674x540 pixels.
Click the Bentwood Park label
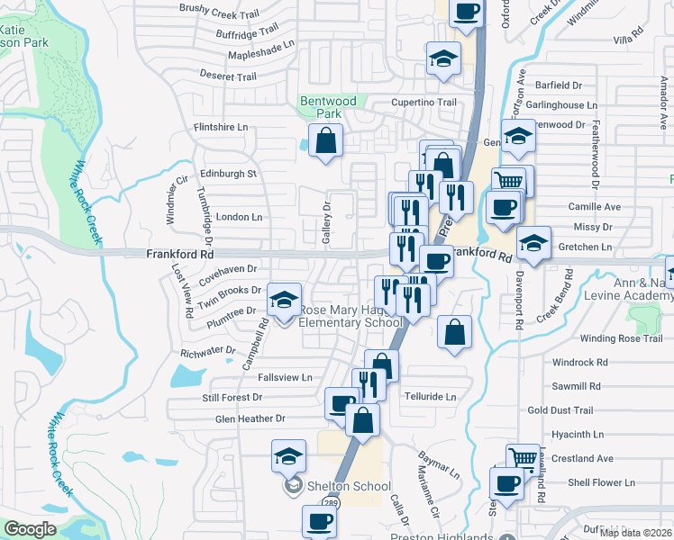329,107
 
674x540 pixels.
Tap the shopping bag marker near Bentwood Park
325,140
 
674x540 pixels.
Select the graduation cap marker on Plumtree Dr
285,301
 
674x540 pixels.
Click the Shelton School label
334,486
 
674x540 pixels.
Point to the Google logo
30,529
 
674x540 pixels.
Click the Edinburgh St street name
229,173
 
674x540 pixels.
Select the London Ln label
239,217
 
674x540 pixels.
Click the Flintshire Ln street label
221,128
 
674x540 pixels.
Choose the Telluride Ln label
431,396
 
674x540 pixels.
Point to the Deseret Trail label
228,76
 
